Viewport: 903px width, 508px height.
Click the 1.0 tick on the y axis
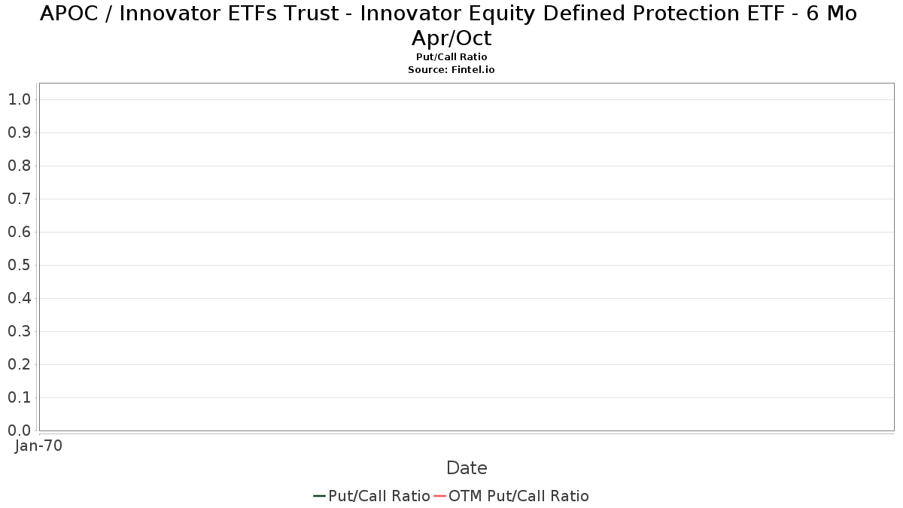[x=20, y=99]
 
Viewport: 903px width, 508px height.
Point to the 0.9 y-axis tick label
[x=20, y=132]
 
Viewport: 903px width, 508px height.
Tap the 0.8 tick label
[x=20, y=166]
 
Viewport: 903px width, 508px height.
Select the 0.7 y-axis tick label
[x=20, y=199]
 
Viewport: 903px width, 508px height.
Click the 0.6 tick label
[x=20, y=232]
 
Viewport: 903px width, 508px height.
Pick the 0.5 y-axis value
[x=20, y=265]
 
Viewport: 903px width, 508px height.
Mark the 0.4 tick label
[x=20, y=298]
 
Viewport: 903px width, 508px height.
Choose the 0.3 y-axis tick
[x=20, y=331]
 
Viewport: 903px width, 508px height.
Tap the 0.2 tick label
[x=20, y=364]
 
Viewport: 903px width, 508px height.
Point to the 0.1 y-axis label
[x=20, y=397]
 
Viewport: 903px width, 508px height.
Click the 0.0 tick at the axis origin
[x=20, y=430]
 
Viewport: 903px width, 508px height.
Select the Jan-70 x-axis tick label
[x=38, y=446]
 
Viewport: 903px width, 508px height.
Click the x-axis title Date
[x=467, y=468]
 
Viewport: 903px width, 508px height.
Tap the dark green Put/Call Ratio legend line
[x=319, y=496]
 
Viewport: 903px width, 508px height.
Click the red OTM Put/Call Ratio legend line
[x=439, y=496]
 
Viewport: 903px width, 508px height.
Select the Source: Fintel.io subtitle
[x=451, y=70]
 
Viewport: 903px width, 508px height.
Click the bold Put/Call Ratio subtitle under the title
[x=451, y=57]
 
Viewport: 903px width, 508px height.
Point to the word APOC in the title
[x=69, y=14]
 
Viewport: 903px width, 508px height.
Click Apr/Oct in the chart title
[x=451, y=38]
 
